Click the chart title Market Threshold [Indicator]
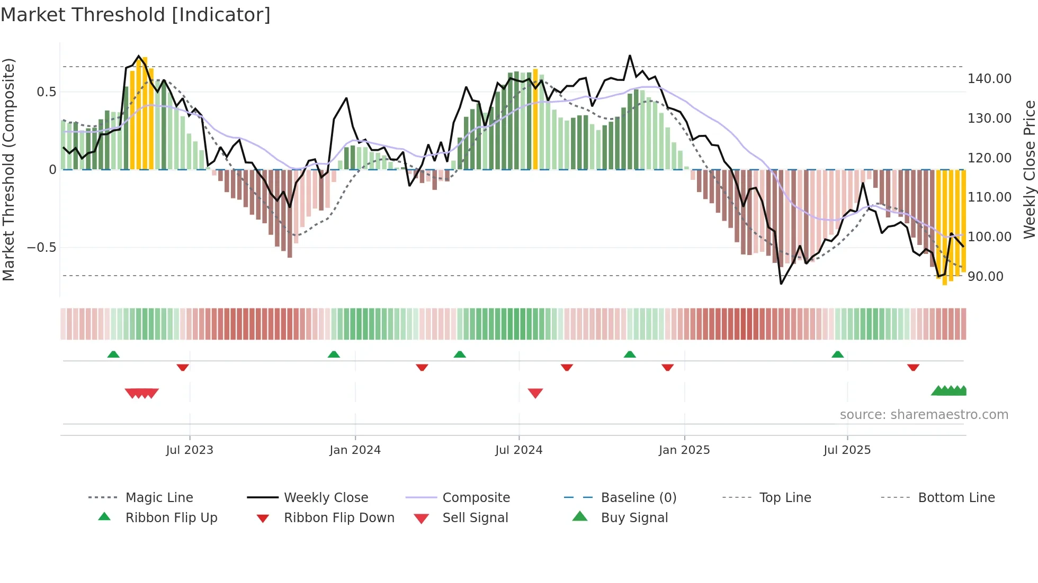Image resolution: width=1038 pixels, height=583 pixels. point(136,15)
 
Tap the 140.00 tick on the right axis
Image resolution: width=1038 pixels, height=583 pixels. point(989,79)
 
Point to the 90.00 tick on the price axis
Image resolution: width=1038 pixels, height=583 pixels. point(985,277)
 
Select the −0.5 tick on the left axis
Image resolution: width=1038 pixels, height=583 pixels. point(41,248)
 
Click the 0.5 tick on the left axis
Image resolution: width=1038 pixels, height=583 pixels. point(46,92)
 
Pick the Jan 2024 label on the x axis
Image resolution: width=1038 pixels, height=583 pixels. point(355,450)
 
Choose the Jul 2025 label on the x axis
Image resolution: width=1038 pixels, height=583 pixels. point(847,450)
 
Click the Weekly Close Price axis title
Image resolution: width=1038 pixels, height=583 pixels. point(1029,169)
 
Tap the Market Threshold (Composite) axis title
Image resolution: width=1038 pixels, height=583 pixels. point(9,169)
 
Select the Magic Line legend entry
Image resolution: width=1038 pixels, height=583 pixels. point(159,498)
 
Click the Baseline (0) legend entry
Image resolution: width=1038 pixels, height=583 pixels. point(638,498)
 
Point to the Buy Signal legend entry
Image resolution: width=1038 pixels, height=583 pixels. point(634,518)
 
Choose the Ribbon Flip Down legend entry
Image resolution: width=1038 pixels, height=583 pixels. point(339,518)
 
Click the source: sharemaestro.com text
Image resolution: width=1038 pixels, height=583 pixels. point(924,415)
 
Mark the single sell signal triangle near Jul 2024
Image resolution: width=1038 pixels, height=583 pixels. point(535,393)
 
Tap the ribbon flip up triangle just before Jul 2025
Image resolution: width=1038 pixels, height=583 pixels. point(837,354)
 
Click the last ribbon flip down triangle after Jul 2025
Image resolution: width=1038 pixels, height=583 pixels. point(913,367)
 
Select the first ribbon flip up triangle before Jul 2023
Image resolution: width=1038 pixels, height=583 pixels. point(113,354)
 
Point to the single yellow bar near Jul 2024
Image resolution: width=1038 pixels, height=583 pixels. point(535,119)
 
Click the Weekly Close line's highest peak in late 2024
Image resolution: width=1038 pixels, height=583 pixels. point(630,56)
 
